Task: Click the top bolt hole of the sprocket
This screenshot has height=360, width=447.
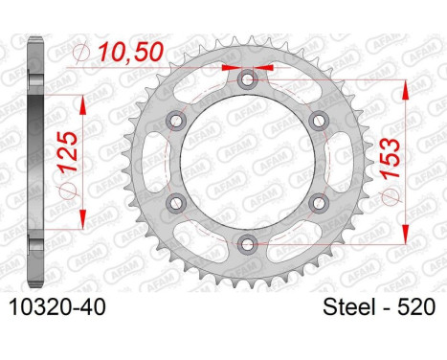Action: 247,79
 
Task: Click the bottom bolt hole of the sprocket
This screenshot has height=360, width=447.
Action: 247,244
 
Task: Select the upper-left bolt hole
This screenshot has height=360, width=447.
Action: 176,121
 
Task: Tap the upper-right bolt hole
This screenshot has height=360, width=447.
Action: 319,121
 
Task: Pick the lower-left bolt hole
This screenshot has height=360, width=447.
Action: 176,203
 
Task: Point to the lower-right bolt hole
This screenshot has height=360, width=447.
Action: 319,203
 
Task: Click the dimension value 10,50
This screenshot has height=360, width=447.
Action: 131,52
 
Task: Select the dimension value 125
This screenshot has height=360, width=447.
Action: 68,152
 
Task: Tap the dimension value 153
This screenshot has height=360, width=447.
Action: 391,158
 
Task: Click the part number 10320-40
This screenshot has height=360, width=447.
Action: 57,307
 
